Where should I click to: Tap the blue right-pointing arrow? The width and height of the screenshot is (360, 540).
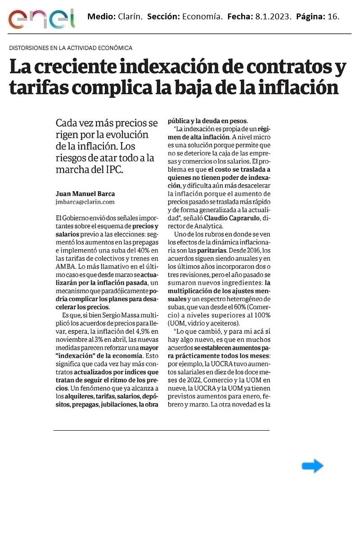click(312, 466)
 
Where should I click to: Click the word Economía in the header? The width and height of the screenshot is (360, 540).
click(202, 17)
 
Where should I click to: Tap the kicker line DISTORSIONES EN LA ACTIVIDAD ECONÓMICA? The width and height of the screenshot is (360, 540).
click(71, 48)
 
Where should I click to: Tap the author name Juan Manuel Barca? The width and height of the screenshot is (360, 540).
click(85, 194)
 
